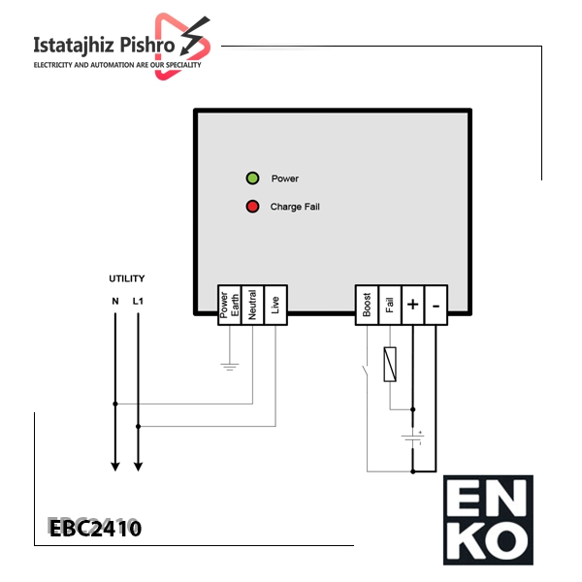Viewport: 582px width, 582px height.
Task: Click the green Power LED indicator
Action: click(253, 178)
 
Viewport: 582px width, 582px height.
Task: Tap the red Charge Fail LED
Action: click(253, 207)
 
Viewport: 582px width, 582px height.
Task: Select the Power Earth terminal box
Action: click(229, 306)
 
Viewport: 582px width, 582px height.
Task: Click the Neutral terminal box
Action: click(252, 306)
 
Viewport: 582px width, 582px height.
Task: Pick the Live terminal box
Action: click(275, 306)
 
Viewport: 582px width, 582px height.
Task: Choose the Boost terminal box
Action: click(367, 306)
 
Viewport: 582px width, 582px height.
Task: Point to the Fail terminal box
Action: click(390, 306)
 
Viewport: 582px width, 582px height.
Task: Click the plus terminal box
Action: click(413, 306)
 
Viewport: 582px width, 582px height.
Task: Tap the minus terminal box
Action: click(436, 306)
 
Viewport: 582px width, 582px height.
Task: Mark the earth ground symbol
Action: click(230, 367)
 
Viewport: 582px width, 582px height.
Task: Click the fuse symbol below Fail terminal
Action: click(390, 365)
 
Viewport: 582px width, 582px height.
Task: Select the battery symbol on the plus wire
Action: click(413, 437)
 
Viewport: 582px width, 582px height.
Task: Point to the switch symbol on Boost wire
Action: click(366, 371)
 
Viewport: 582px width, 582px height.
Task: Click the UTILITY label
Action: click(127, 278)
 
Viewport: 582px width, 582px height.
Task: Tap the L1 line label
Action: click(138, 301)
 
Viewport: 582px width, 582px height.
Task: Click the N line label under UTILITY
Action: click(115, 301)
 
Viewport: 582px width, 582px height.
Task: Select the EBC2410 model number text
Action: click(95, 529)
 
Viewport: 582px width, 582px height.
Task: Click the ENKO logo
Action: click(488, 520)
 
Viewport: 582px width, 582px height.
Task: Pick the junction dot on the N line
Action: click(115, 404)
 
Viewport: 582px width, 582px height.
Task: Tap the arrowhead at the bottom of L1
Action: click(138, 467)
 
